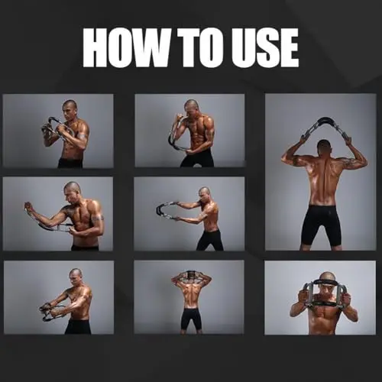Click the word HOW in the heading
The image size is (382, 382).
(x=126, y=48)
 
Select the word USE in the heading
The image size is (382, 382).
(x=265, y=48)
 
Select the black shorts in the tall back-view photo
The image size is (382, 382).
(x=320, y=224)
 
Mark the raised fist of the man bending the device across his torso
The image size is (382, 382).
(x=29, y=206)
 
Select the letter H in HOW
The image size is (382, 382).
(x=94, y=48)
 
